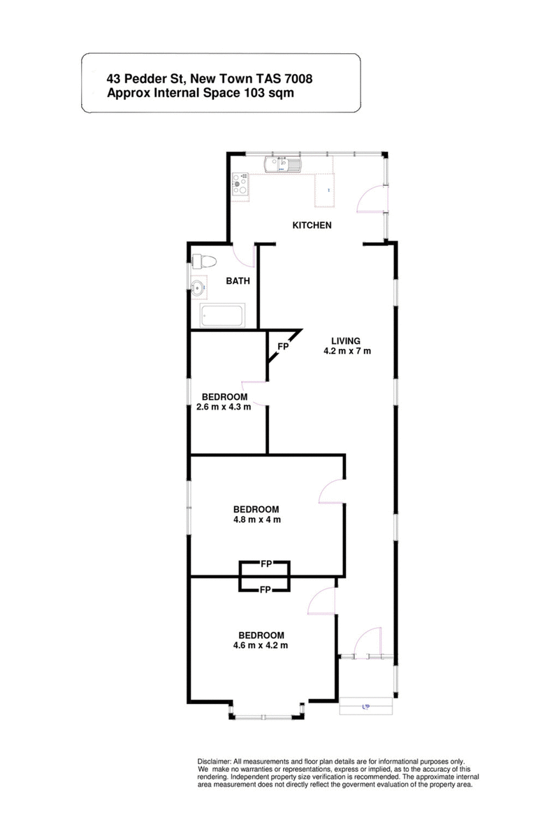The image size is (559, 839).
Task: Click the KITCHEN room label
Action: pyautogui.click(x=311, y=225)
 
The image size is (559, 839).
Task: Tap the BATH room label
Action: pyautogui.click(x=238, y=282)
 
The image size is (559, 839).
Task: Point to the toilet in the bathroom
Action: pyautogui.click(x=204, y=261)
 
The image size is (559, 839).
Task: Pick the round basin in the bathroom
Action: pyautogui.click(x=199, y=287)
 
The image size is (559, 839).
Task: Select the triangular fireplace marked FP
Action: pyautogui.click(x=282, y=345)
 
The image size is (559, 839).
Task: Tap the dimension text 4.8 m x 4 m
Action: pyautogui.click(x=256, y=519)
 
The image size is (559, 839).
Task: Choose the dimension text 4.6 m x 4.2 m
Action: pyautogui.click(x=261, y=645)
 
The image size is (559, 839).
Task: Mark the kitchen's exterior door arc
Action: pyautogui.click(x=368, y=199)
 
